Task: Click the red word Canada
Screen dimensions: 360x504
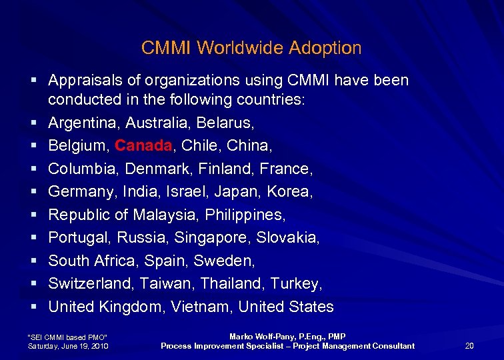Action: tap(143, 146)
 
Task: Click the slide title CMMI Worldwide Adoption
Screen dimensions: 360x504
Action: tap(251, 48)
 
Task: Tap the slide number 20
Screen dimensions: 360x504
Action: tap(469, 345)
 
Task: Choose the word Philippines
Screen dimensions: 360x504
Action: tap(245, 215)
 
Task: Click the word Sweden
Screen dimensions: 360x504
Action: tap(231, 261)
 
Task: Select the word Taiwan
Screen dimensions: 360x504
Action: tap(160, 284)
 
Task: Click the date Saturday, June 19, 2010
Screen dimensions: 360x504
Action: tap(67, 346)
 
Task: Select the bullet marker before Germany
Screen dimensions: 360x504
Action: tap(33, 192)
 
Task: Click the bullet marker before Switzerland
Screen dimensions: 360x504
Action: tap(33, 284)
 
